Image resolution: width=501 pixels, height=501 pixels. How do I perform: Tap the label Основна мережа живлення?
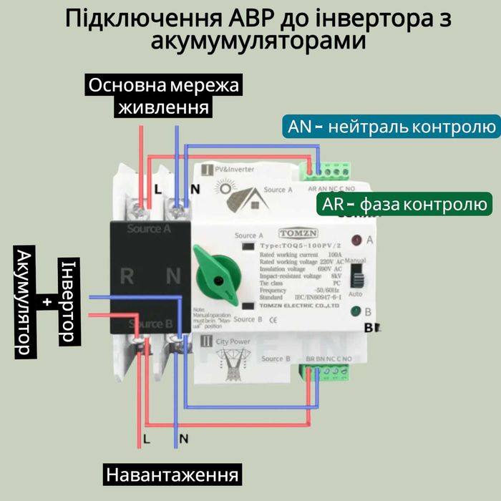[x=164, y=97]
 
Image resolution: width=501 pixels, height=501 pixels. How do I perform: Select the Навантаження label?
[x=172, y=475]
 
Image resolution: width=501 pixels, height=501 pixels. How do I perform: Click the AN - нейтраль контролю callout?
[x=391, y=127]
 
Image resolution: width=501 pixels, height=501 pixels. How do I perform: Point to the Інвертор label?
[x=67, y=300]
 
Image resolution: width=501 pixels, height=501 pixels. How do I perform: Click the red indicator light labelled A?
[x=356, y=239]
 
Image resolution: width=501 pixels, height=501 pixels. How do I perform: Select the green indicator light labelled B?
[x=356, y=312]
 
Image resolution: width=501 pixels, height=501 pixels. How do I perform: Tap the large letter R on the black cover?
[x=127, y=276]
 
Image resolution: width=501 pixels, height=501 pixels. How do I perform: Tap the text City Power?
[x=233, y=341]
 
